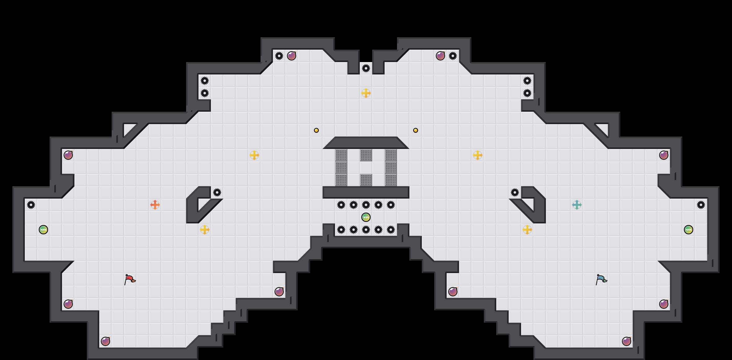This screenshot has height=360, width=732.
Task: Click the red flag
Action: coord(130,279)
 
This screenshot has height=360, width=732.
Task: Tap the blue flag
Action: coord(601,279)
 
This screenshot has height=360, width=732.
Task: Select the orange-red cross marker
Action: coord(155,205)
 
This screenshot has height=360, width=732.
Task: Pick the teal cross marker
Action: coord(577,205)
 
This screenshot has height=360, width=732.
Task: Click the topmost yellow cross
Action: coord(366,93)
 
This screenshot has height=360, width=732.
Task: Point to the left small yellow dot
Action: coord(316,130)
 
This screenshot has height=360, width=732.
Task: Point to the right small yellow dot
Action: coord(416,130)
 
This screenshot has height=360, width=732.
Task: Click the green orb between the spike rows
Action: coord(366,217)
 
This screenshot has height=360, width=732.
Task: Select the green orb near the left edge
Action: coord(43,230)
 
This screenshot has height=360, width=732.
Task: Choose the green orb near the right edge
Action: coord(689,230)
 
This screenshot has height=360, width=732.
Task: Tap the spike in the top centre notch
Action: coord(366,68)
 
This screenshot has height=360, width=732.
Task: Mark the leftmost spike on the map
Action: coord(31,205)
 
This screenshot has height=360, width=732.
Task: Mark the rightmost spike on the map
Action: coord(701,205)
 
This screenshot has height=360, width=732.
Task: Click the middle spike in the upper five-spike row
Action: coord(366,205)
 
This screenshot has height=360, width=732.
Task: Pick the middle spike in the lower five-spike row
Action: coord(366,230)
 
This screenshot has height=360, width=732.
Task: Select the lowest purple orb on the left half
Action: coord(105,341)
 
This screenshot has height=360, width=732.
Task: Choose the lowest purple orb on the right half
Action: coord(627,341)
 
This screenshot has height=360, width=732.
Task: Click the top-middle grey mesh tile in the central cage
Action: coord(366,155)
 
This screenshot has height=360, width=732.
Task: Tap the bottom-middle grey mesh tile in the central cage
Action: coord(366,180)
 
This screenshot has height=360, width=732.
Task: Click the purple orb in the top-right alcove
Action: coord(440,56)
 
